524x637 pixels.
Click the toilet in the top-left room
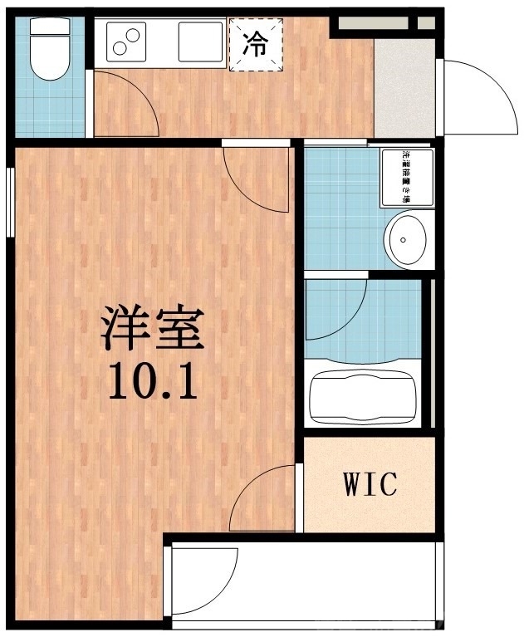pos(49,50)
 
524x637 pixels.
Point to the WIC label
pos(370,483)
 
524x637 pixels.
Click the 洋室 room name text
pos(152,328)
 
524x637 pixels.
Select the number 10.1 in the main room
pos(152,382)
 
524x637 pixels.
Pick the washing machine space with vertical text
pos(407,177)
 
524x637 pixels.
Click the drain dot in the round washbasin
pos(403,240)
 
